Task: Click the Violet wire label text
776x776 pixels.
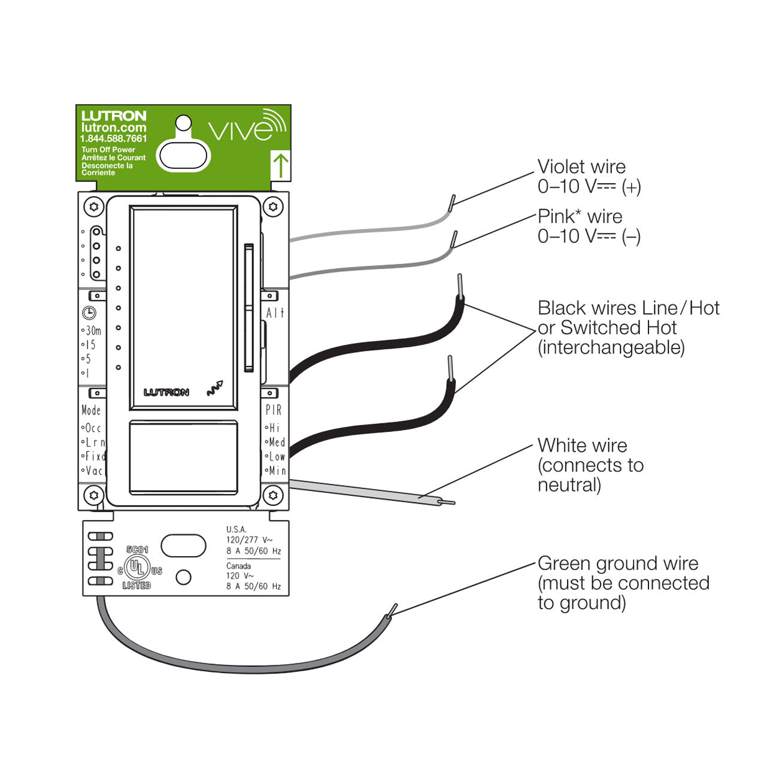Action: [x=581, y=167]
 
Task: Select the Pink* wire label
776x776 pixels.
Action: [x=580, y=217]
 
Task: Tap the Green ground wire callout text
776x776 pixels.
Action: [x=617, y=563]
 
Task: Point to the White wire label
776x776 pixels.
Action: [x=582, y=445]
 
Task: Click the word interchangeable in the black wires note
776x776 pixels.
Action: [x=611, y=348]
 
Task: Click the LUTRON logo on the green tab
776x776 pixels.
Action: [x=114, y=116]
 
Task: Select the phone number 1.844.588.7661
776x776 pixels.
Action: [x=114, y=139]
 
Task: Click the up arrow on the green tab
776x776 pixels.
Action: [x=280, y=165]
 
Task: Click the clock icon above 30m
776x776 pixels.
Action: [x=89, y=313]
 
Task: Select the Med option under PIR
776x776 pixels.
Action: [x=276, y=442]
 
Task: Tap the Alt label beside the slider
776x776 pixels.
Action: [x=275, y=313]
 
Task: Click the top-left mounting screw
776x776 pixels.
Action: [x=93, y=207]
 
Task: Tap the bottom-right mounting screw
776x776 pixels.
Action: [x=274, y=495]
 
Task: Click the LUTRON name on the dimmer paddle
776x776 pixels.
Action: [x=166, y=392]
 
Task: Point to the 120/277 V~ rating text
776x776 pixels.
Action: [x=249, y=540]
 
